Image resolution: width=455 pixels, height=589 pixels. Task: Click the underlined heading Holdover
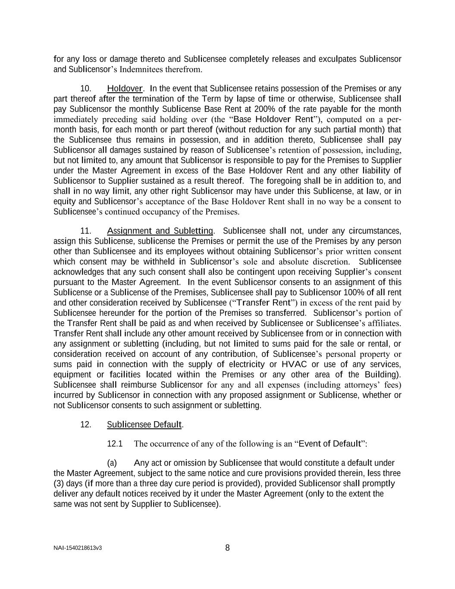125,88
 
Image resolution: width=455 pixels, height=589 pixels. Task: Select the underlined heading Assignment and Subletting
160,231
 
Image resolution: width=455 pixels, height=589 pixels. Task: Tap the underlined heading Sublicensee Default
144,425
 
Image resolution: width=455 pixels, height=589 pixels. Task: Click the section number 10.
86,88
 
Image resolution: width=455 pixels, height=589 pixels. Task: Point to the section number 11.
86,231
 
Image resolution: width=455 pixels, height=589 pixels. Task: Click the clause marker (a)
112,463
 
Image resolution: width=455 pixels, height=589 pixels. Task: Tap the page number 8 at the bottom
227,548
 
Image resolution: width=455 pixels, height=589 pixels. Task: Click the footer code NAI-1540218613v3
78,548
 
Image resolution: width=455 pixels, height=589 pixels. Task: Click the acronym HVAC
294,365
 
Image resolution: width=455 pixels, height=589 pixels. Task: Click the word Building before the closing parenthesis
380,375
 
